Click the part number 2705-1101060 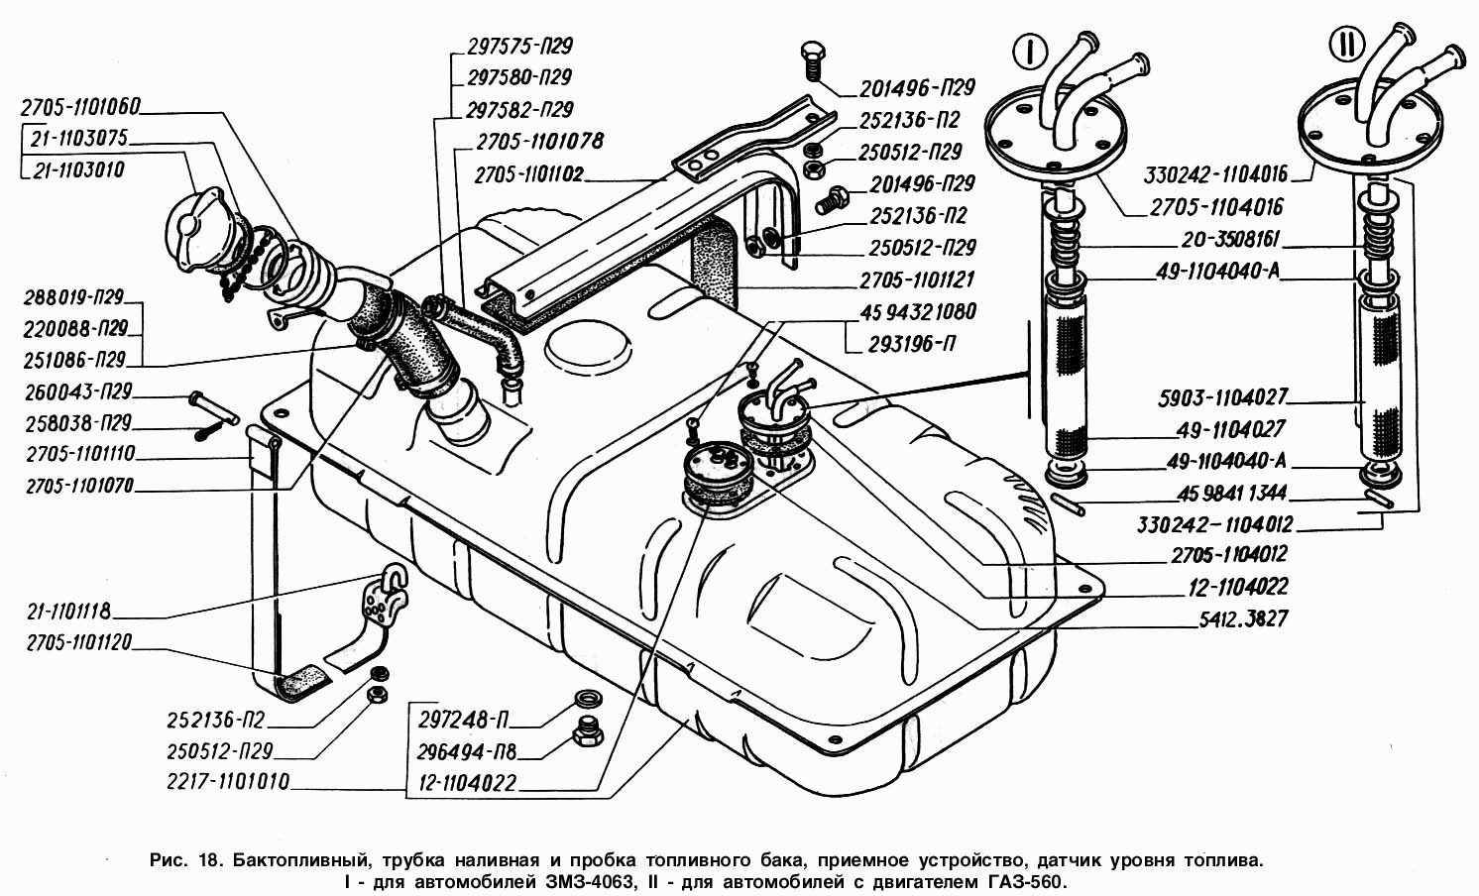[x=80, y=107]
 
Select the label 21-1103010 [x=78, y=169]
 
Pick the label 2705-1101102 [x=529, y=175]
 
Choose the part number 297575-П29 [x=519, y=47]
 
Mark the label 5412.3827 [x=1243, y=618]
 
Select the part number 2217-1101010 [x=228, y=782]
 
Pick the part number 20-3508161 [x=1231, y=240]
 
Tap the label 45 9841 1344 [x=1232, y=494]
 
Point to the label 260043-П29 [x=78, y=392]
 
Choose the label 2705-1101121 [x=917, y=280]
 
